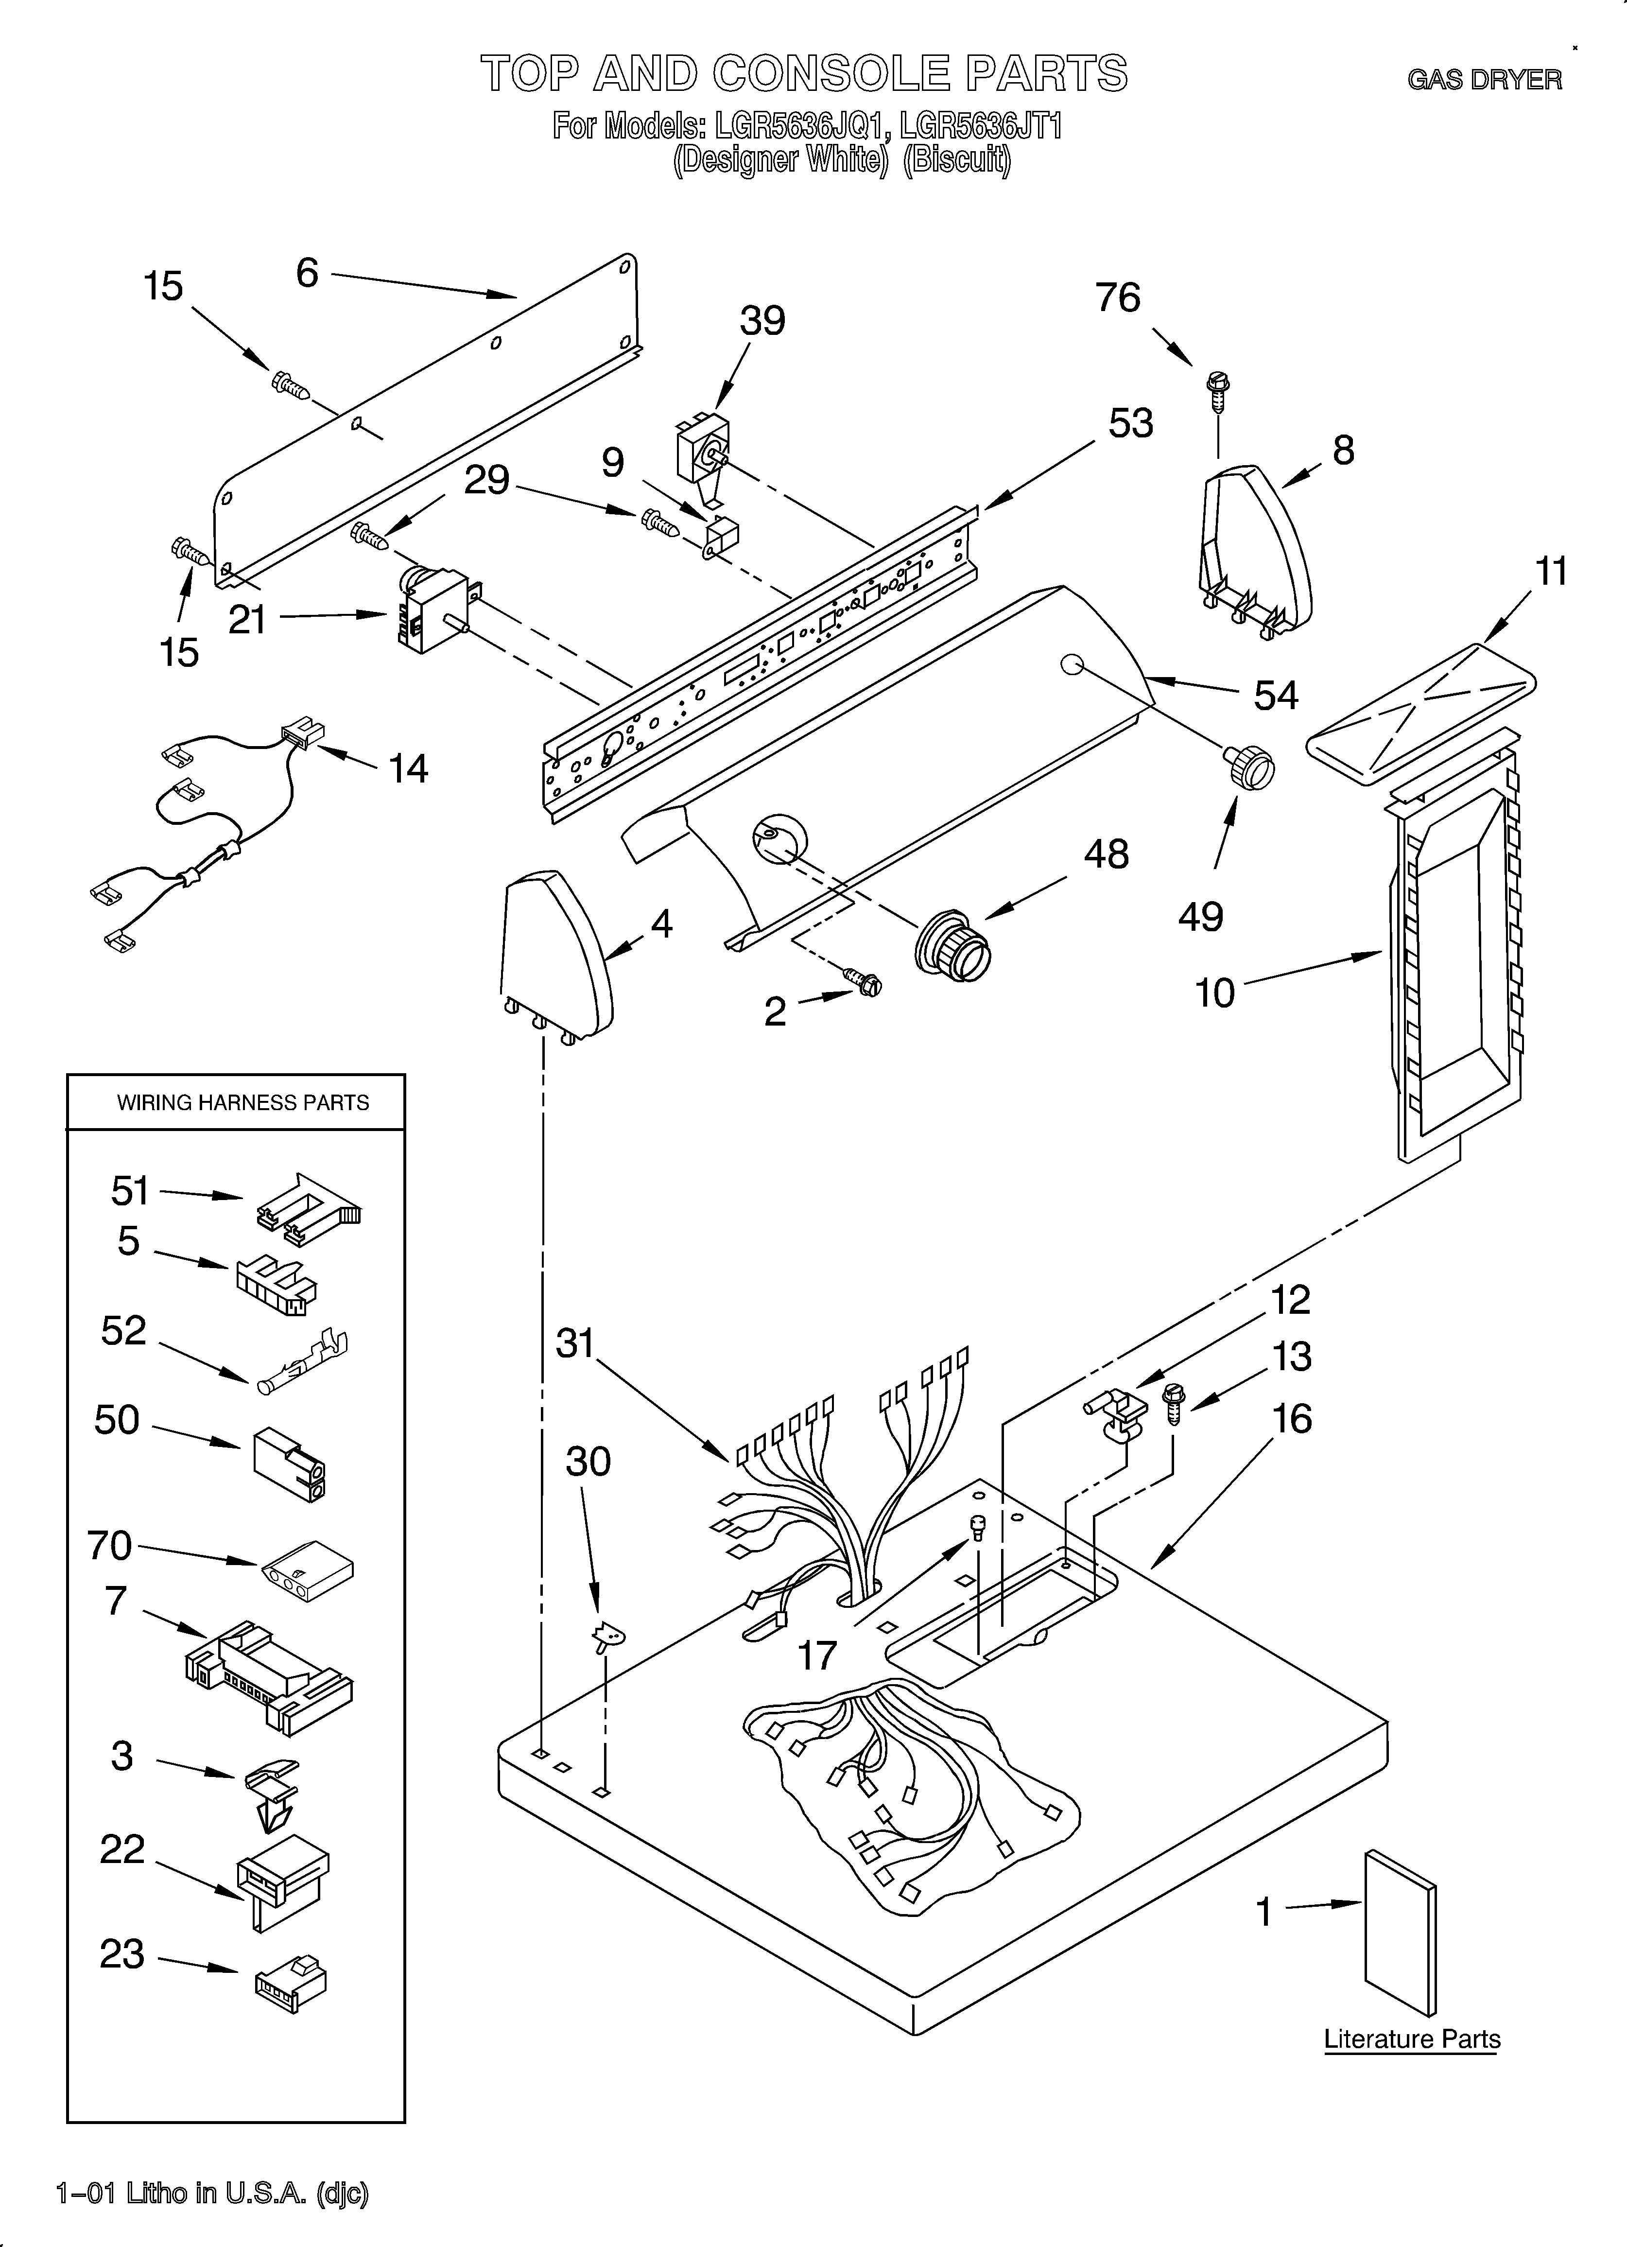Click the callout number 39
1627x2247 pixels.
(x=762, y=321)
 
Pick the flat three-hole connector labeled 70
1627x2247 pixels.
(x=307, y=1568)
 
